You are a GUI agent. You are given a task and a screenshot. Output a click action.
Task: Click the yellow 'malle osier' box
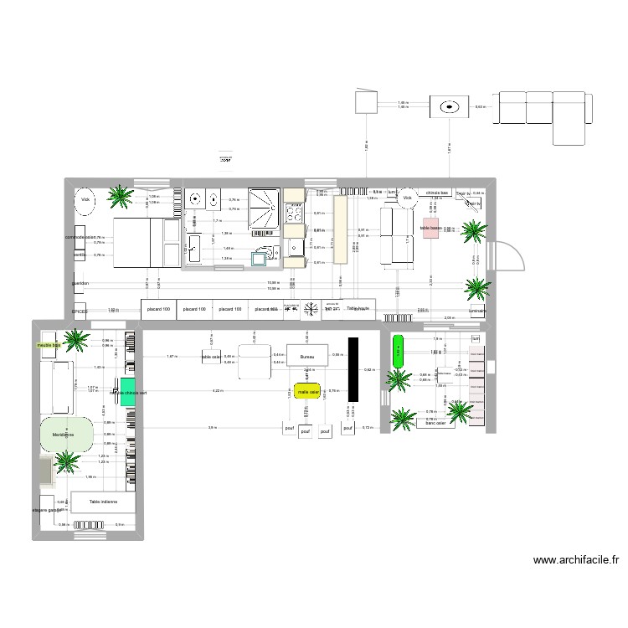click(307, 391)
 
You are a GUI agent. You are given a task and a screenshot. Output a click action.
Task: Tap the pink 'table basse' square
click(430, 229)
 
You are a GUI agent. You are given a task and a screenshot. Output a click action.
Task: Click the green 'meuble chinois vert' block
click(126, 392)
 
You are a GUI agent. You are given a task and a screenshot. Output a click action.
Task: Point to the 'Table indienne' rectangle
click(104, 502)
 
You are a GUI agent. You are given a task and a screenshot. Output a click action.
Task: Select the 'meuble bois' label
click(49, 345)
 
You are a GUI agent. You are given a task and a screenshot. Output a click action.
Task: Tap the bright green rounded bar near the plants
click(398, 349)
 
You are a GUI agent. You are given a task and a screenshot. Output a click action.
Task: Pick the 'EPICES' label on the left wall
click(80, 310)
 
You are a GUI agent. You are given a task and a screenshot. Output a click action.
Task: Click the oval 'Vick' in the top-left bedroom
click(85, 201)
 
